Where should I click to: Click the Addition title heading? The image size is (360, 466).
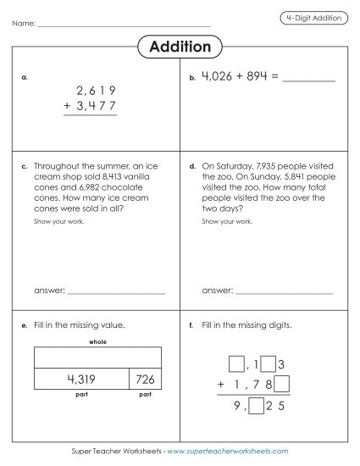coord(180,46)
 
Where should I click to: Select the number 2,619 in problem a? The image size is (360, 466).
coord(95,90)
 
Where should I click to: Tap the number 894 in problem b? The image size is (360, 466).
coord(259,76)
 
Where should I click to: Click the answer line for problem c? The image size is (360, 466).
coord(116,291)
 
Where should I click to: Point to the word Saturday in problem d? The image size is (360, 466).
coord(244,167)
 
